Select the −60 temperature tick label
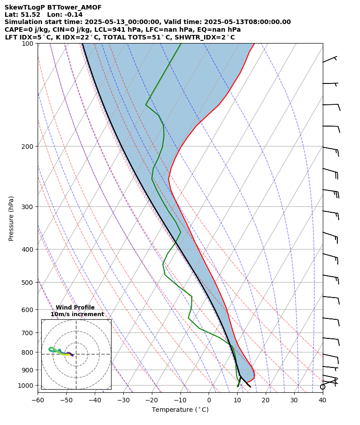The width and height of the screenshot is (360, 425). point(38,400)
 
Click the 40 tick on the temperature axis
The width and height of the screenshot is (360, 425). point(323,400)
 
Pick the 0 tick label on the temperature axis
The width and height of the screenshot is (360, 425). point(209,400)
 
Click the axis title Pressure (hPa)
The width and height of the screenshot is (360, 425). point(11,218)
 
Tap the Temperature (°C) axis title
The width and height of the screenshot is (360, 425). point(180,410)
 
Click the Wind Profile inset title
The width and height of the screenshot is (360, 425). point(75,308)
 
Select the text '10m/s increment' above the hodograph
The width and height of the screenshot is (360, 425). point(77,314)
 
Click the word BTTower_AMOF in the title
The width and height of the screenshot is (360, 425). point(74,7)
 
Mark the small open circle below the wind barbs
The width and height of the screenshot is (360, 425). point(323,387)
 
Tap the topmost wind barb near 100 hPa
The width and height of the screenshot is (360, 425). point(330,59)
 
